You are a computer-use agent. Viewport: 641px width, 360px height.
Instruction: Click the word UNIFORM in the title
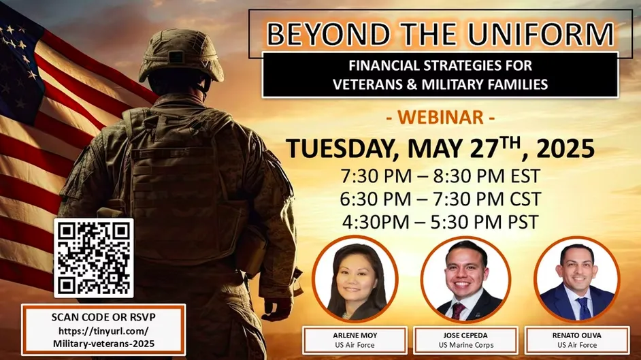click(541, 34)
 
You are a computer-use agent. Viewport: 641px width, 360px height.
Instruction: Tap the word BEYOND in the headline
click(328, 34)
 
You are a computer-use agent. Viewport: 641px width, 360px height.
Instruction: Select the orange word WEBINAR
click(441, 117)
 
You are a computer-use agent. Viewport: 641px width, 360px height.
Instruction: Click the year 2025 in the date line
click(565, 148)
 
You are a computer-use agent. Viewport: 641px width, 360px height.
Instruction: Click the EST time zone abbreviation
click(525, 176)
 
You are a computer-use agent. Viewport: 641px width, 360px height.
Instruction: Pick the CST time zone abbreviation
click(525, 199)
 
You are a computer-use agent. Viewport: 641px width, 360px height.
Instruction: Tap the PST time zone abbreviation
click(523, 222)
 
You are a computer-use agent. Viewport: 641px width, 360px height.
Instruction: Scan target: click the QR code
click(94, 258)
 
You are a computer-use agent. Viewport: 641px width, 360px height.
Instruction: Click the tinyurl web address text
click(104, 337)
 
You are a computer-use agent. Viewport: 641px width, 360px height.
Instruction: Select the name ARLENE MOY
click(355, 336)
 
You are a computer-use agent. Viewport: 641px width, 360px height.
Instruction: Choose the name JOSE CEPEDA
click(465, 336)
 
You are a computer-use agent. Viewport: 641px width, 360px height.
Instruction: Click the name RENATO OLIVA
click(577, 336)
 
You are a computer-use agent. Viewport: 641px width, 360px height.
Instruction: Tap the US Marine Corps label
click(466, 345)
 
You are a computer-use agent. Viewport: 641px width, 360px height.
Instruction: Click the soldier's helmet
click(181, 54)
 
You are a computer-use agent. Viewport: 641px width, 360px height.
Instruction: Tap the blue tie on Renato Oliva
click(583, 308)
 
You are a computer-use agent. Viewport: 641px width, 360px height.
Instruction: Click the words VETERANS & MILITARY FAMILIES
click(440, 84)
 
